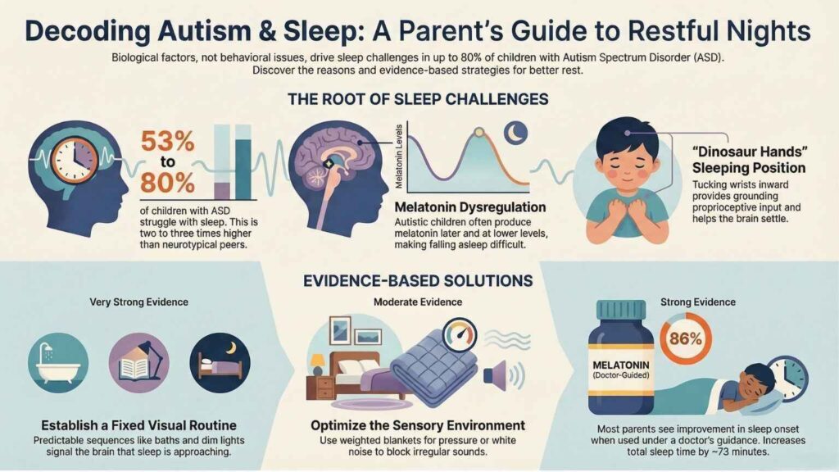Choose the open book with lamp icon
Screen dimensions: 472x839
point(138,361)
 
